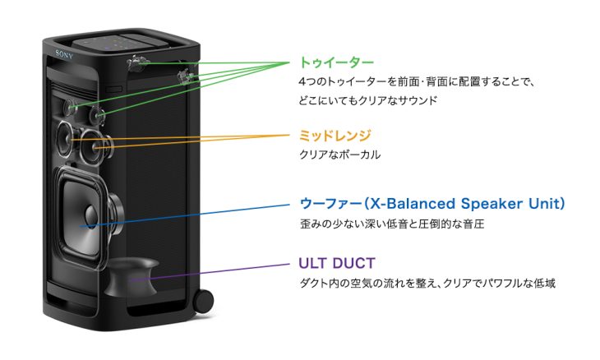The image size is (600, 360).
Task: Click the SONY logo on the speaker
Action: [64, 54]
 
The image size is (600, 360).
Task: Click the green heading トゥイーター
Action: [336, 62]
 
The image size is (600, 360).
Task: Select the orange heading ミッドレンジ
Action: [335, 136]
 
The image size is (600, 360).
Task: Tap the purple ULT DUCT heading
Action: [337, 263]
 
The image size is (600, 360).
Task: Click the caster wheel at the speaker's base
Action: [203, 301]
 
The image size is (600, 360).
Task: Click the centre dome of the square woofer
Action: [91, 215]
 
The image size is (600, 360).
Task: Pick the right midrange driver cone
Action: [95, 146]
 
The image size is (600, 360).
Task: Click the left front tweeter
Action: [71, 107]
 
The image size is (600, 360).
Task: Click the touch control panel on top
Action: [121, 44]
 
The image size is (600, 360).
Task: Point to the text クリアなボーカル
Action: [339, 155]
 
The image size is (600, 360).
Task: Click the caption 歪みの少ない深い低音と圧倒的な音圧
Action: [392, 224]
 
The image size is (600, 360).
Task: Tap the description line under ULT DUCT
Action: [427, 284]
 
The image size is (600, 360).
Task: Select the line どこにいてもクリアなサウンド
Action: [367, 100]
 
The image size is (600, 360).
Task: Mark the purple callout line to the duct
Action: [210, 272]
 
